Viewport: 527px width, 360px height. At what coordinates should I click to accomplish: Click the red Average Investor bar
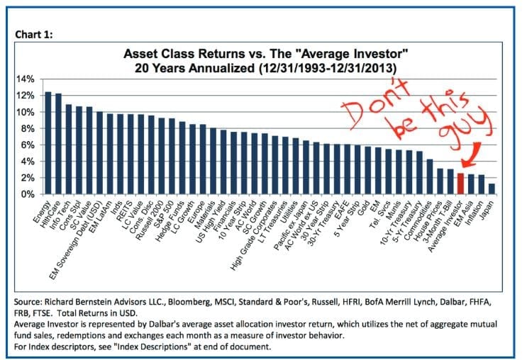click(x=460, y=184)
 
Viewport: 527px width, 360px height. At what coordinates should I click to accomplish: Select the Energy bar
click(x=48, y=142)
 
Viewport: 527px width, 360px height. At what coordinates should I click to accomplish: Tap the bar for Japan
click(x=492, y=189)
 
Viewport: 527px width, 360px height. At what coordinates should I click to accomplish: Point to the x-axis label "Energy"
click(x=41, y=210)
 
